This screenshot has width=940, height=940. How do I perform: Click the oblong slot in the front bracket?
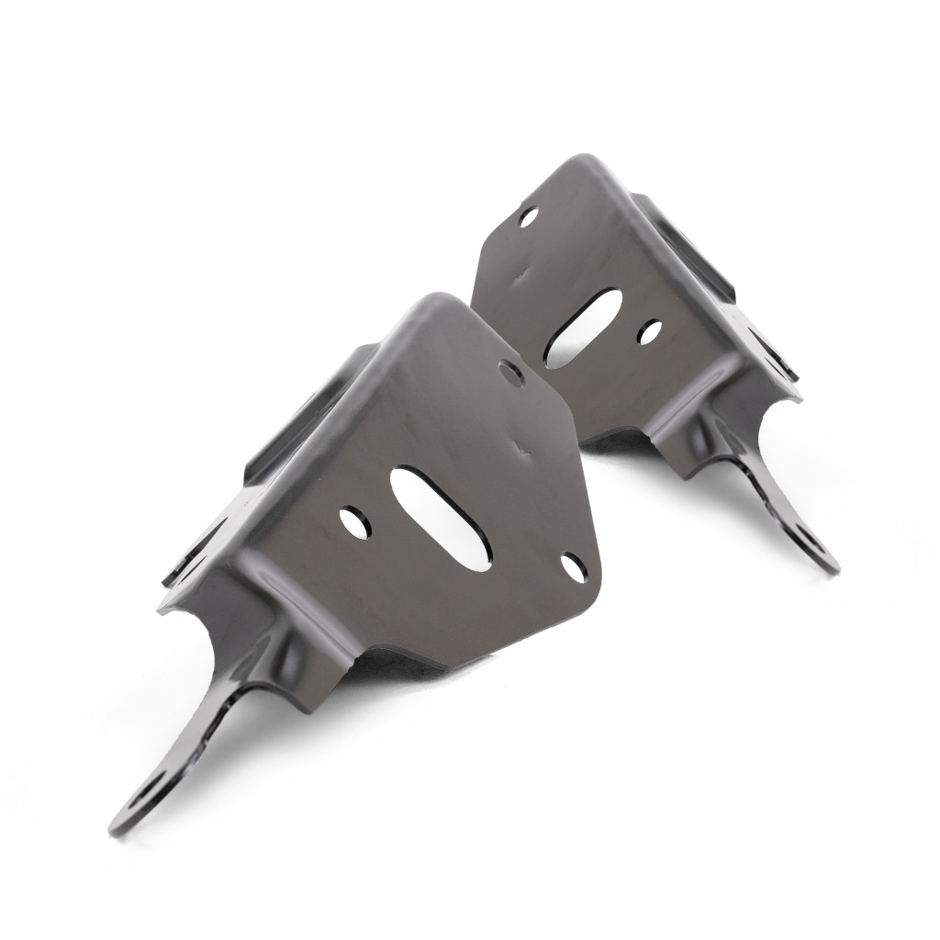(x=441, y=518)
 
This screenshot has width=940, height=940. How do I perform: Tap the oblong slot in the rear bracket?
(x=582, y=328)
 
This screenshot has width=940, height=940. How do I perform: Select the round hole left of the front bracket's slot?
(x=354, y=522)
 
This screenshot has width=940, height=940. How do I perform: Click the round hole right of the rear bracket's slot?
(x=650, y=332)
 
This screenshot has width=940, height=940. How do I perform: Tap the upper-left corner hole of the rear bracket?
(x=528, y=218)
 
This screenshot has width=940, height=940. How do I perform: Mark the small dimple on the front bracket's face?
(x=525, y=450)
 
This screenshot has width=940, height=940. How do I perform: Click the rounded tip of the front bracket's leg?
(x=119, y=826)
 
